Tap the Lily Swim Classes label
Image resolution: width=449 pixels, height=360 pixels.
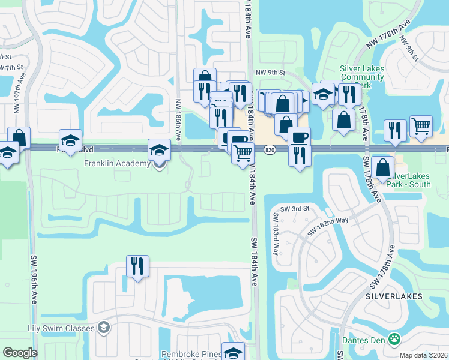pos(61,328)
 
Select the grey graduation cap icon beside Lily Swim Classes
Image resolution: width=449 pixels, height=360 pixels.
pos(104,328)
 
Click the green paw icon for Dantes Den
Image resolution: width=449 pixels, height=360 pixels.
pos(394,340)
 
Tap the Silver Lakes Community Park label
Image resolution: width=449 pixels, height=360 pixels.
pos(362,77)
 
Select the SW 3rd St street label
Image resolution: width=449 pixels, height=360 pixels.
pos(294,208)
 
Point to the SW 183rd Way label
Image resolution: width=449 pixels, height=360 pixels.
pos(277,234)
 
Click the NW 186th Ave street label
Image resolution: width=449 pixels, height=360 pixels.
pos(178,119)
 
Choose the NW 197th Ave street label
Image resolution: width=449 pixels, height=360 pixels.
pos(16,99)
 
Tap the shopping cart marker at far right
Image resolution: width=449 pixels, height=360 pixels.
pos(421,126)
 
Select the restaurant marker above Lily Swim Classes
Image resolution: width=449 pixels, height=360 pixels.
pos(138,266)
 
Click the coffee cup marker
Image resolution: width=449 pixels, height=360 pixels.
pos(299,137)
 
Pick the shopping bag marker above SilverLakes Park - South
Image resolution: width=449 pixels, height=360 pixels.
pos(382,166)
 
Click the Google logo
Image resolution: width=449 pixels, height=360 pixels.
pos(20,353)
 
